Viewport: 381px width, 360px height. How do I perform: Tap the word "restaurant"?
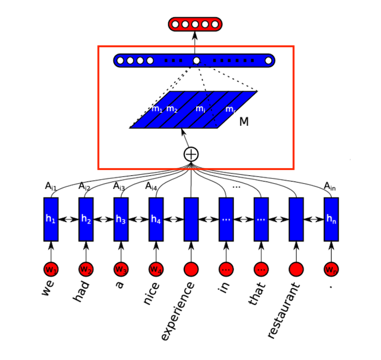point(284,310)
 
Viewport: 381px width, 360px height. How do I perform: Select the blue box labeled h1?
point(50,219)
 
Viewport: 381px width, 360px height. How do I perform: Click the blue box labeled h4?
point(156,219)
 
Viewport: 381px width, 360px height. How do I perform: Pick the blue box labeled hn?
point(331,219)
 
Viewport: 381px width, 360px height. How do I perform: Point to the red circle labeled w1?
point(50,269)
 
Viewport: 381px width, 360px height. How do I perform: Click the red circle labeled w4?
point(156,269)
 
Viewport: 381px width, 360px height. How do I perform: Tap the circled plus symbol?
point(191,154)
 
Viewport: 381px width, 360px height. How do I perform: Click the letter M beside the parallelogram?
point(244,122)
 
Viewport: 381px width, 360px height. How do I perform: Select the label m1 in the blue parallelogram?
point(157,109)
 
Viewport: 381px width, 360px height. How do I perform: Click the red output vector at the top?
point(195,24)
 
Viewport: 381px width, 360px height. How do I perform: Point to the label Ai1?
point(51,186)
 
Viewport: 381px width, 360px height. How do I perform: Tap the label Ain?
point(330,186)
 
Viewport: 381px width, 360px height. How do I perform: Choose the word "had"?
point(82,292)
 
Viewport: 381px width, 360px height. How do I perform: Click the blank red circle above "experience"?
point(191,269)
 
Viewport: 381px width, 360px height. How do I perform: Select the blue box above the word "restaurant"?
point(296,219)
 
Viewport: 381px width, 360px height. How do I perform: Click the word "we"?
point(48,289)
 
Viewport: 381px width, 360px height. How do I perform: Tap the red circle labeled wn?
point(331,269)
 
